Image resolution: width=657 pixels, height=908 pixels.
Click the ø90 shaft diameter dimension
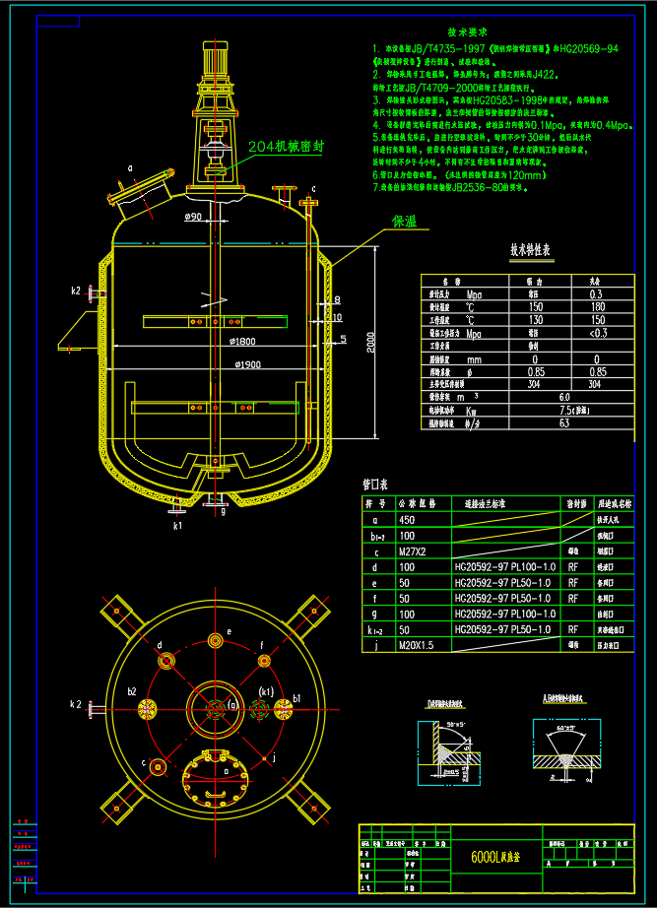194,217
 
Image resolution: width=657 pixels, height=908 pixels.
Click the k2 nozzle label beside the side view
76,291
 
